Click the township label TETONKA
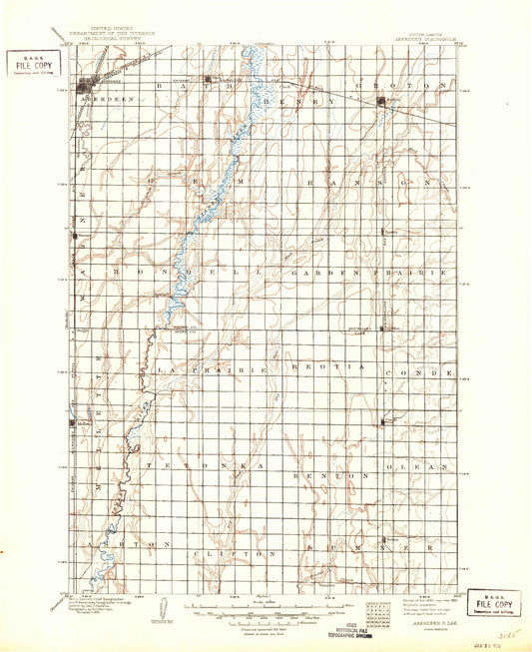(201, 466)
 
